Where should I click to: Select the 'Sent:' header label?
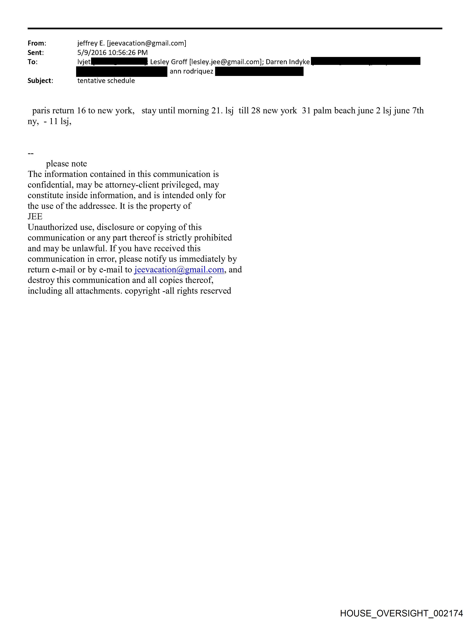click(x=36, y=53)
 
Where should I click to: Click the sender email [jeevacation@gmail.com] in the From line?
click(x=147, y=43)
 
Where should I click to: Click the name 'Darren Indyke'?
click(x=288, y=62)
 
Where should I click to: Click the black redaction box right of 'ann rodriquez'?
click(x=259, y=72)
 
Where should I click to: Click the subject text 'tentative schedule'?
click(x=106, y=81)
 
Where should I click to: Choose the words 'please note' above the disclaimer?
click(x=67, y=164)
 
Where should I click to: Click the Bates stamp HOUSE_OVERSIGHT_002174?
click(x=401, y=613)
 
